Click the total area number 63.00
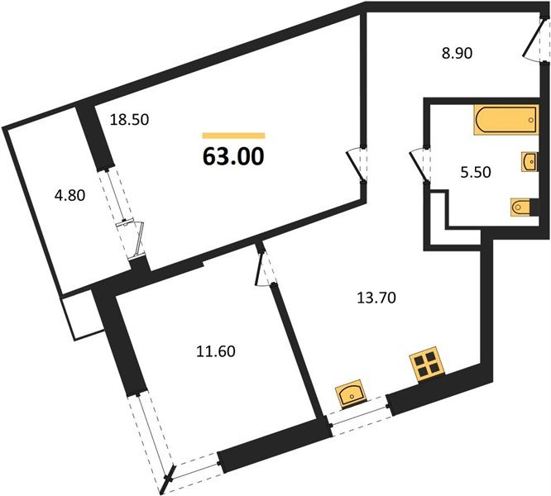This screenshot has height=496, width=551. (x=233, y=156)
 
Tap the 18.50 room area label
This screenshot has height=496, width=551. (x=129, y=120)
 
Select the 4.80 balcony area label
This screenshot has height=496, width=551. (x=70, y=195)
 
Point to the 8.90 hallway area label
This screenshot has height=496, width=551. (x=457, y=54)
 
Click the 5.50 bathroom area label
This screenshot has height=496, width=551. (x=476, y=172)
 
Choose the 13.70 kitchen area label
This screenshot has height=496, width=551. (x=376, y=298)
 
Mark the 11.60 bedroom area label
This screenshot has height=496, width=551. (x=215, y=351)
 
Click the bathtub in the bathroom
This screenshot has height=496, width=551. (x=506, y=119)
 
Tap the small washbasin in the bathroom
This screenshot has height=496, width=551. (x=529, y=162)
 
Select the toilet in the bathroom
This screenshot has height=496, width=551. (x=524, y=207)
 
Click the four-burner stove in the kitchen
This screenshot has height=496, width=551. (x=427, y=365)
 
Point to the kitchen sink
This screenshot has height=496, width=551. (x=351, y=393)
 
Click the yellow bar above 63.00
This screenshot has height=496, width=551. (x=233, y=136)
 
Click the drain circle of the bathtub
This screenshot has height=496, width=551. (x=530, y=120)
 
